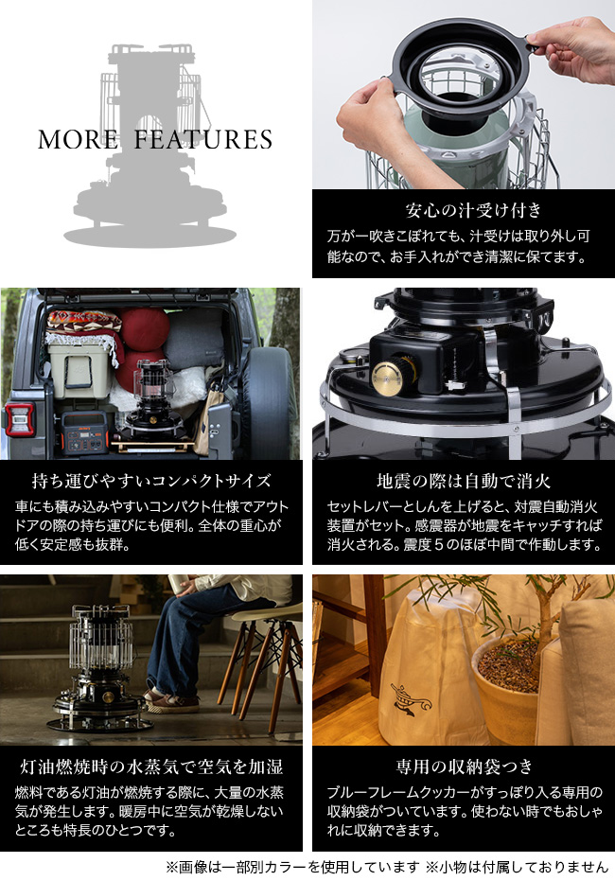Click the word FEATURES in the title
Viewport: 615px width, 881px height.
[202, 139]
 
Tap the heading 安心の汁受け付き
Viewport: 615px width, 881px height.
[473, 210]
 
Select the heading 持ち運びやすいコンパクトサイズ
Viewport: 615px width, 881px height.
[151, 481]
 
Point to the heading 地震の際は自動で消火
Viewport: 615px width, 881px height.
[464, 481]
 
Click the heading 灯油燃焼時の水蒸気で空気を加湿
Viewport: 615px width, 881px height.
[151, 766]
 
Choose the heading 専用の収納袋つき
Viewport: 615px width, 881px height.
[464, 766]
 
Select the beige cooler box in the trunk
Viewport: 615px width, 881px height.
[80, 371]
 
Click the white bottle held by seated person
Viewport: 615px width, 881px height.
[176, 584]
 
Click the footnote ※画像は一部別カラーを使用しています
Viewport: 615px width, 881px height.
[292, 868]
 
